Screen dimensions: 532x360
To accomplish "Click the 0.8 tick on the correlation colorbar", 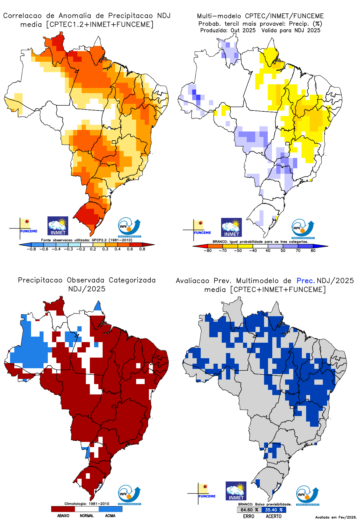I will (142, 249).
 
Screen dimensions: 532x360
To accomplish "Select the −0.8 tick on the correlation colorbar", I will (31, 249).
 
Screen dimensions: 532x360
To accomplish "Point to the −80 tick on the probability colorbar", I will (207, 250).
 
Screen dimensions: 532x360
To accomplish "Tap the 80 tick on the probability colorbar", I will (313, 250).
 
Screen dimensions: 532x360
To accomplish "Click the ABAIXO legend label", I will (63, 516).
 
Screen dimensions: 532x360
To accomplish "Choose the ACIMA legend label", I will (110, 516).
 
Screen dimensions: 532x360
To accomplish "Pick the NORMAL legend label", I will (87, 516).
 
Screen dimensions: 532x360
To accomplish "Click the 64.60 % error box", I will (249, 510).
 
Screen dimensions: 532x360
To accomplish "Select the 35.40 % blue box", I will (274, 510).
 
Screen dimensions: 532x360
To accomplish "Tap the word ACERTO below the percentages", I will (274, 516).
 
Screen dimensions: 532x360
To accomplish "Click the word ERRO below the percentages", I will (249, 516).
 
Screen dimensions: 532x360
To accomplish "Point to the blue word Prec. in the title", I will (305, 281).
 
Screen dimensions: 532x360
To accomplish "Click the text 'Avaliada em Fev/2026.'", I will (336, 517).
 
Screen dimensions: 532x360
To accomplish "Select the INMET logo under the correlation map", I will (58, 226).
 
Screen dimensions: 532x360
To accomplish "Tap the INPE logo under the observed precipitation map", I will (129, 495).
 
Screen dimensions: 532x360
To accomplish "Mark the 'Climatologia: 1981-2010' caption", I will (87, 504).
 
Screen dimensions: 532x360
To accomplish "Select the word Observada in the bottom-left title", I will (86, 280).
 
